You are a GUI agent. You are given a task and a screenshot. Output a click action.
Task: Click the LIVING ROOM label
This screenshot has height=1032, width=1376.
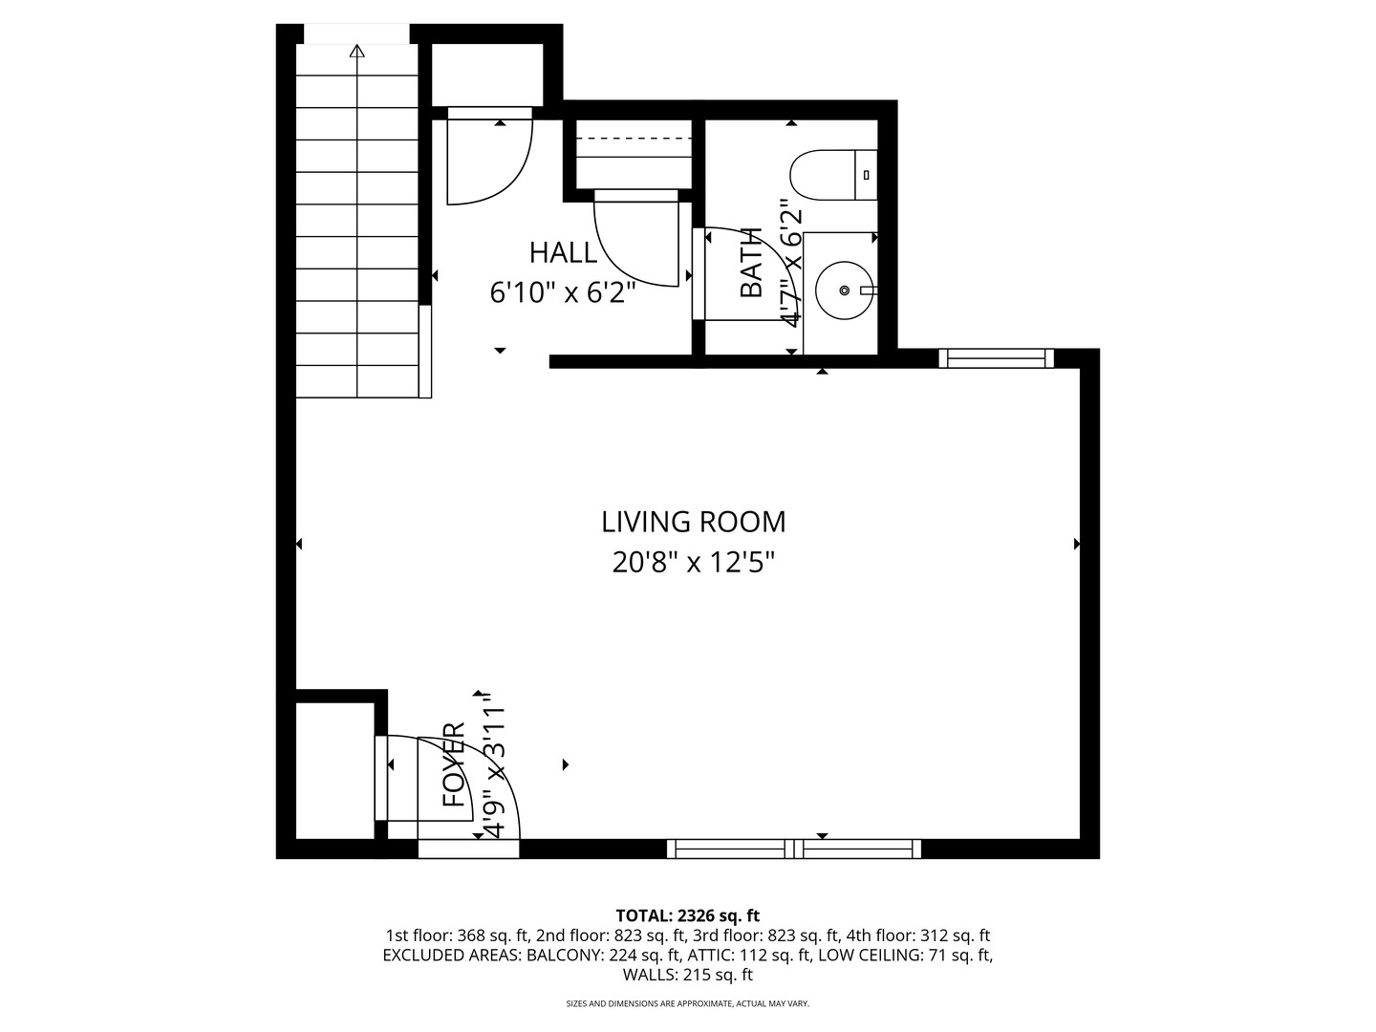[693, 522]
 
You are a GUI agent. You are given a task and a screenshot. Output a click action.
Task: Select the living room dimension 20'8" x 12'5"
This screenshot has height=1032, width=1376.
[693, 563]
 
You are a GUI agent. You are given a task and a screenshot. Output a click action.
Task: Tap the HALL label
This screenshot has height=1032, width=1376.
[563, 253]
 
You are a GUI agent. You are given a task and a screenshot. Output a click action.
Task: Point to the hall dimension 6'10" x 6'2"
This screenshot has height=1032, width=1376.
[563, 292]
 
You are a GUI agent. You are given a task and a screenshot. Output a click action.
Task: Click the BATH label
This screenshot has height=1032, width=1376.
[752, 263]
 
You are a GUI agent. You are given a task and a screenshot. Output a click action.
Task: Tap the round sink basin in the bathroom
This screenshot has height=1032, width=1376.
[844, 290]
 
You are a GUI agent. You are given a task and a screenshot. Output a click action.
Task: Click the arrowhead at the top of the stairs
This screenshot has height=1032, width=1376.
[357, 51]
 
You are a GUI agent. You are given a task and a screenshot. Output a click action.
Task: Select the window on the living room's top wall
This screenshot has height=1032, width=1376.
[996, 358]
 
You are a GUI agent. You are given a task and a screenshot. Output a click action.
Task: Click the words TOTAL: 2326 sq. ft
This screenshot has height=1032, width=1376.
[687, 915]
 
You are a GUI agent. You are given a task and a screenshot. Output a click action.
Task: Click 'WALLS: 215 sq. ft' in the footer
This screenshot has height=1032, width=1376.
[687, 975]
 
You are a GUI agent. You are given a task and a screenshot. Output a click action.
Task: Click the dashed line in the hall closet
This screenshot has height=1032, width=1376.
[633, 140]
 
